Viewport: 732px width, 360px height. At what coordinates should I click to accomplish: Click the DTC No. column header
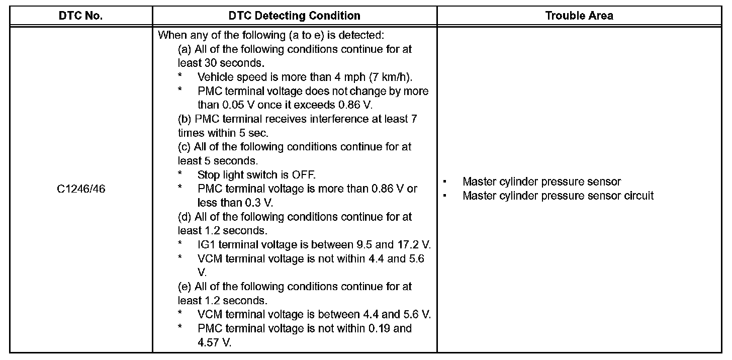click(80, 16)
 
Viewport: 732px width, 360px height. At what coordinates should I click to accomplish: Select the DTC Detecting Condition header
click(294, 16)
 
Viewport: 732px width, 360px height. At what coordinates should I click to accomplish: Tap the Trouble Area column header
click(579, 16)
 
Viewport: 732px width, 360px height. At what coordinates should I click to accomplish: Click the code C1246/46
click(80, 189)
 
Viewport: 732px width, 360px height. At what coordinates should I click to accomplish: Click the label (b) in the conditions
click(185, 119)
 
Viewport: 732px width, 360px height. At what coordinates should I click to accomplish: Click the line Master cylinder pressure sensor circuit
click(558, 196)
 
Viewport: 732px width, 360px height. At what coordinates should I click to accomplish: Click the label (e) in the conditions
click(185, 287)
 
